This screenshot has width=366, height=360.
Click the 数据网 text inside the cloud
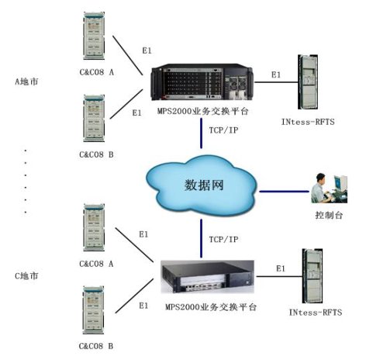[x=204, y=185]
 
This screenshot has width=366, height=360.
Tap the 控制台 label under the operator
[x=329, y=215]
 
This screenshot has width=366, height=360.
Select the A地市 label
[x=26, y=82]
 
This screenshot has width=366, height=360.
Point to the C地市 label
[x=26, y=276]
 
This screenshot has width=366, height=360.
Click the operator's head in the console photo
[x=320, y=179]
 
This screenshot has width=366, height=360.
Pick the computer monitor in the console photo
[x=340, y=183]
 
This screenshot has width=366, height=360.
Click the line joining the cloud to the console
[x=284, y=192]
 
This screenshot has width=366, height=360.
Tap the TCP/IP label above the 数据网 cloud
[x=223, y=130]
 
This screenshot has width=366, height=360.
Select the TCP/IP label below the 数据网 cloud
[x=223, y=240]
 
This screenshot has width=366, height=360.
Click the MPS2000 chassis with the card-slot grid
[x=202, y=82]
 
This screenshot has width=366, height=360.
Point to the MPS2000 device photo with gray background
[x=207, y=277]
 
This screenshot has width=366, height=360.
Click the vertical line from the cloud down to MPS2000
[x=201, y=238]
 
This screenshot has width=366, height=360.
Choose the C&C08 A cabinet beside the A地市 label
[x=94, y=36]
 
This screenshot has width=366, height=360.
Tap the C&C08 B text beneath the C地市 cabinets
[x=96, y=346]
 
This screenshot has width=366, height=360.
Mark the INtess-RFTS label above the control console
[x=308, y=122]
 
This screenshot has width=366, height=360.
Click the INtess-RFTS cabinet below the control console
[x=312, y=276]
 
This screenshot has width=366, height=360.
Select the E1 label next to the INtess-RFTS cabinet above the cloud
[x=276, y=75]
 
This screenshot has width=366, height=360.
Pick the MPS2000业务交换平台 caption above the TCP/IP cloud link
[x=203, y=112]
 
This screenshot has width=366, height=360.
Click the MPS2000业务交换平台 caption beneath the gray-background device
[x=211, y=307]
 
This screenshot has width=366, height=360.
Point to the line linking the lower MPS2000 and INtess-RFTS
[x=279, y=276]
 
